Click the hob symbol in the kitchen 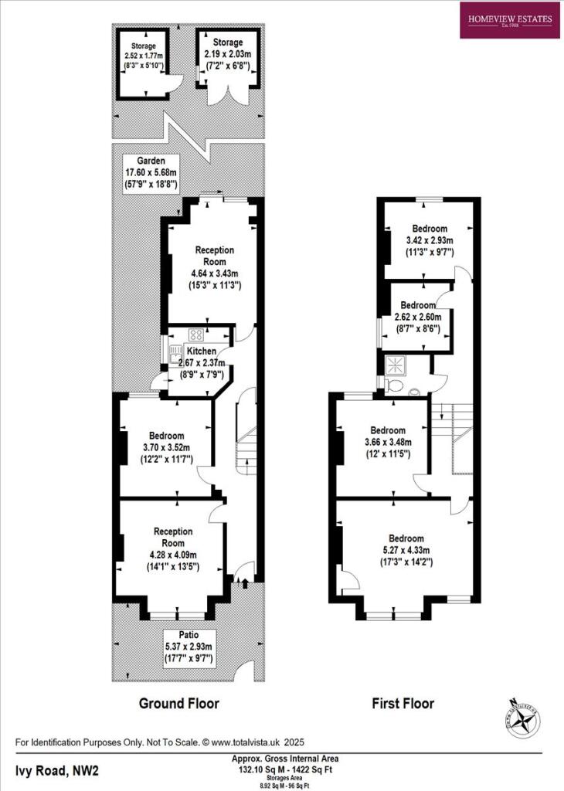click(196, 335)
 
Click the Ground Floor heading click(178, 704)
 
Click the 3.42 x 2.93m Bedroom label click(429, 240)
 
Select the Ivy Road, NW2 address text click(57, 770)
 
